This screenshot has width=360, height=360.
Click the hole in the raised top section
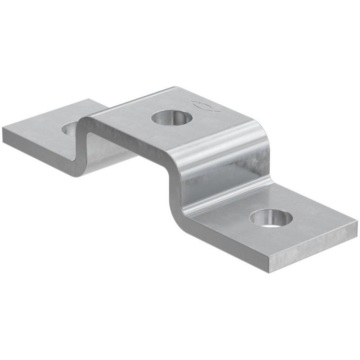tap(170, 118)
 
